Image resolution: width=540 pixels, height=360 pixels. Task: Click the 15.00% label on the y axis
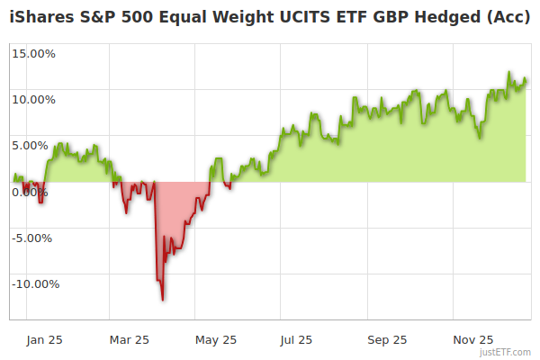(x=34, y=53)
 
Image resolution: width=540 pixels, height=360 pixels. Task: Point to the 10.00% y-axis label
(x=34, y=99)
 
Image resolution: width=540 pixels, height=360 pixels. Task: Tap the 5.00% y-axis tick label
(x=37, y=145)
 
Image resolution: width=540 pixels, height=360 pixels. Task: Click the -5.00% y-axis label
(x=35, y=238)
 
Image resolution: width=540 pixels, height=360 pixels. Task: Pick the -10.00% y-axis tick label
(x=35, y=283)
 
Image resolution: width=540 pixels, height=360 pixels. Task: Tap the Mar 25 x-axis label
(x=129, y=339)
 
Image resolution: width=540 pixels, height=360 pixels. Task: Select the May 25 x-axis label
(x=215, y=339)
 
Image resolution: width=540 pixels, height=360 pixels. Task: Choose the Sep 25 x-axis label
(x=387, y=339)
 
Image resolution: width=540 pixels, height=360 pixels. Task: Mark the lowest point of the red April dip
(x=163, y=300)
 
